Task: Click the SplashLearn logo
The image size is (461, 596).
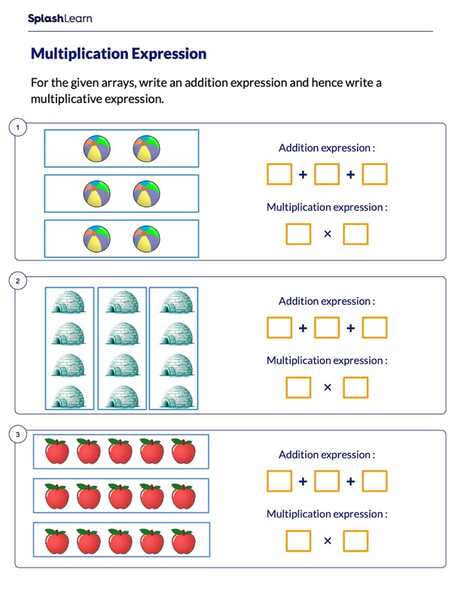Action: [x=60, y=18]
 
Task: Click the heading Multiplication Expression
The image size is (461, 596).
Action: [x=118, y=54]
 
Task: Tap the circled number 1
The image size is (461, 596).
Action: [x=18, y=127]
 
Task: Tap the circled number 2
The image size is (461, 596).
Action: [x=18, y=281]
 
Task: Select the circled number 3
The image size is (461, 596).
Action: [x=18, y=434]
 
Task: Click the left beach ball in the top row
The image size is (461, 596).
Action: [x=97, y=148]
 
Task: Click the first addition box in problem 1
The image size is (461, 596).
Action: [x=279, y=175]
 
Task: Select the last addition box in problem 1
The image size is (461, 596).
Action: [x=374, y=175]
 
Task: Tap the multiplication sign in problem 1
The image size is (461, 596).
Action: [x=327, y=234]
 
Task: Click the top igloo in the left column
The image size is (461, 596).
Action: [x=69, y=303]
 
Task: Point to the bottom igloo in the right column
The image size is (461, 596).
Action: [x=173, y=394]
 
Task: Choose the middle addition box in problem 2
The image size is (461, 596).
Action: [x=326, y=328]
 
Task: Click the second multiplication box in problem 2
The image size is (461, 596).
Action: [x=356, y=388]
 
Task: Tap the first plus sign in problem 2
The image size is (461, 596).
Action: [x=303, y=328]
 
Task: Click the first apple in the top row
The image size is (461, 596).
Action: [x=56, y=452]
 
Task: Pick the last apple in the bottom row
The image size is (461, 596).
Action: [x=184, y=541]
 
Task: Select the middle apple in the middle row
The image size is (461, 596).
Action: [x=121, y=496]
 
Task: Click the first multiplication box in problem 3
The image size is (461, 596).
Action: [x=298, y=541]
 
